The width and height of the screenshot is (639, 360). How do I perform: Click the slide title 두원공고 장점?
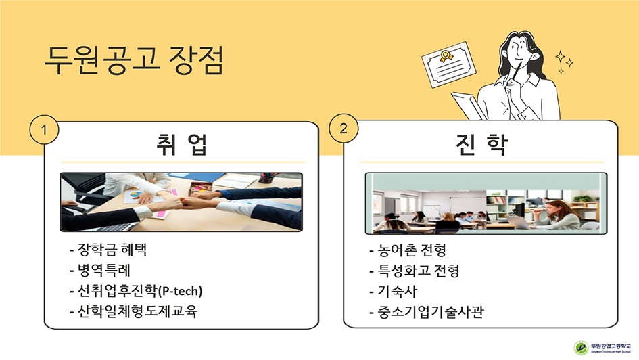pyautogui.click(x=134, y=60)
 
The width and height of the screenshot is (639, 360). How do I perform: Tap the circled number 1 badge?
pyautogui.click(x=44, y=130)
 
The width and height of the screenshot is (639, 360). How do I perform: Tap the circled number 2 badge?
pyautogui.click(x=344, y=129)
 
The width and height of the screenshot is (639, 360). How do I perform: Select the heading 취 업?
pyautogui.click(x=182, y=144)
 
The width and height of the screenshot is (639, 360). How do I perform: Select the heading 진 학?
pyautogui.click(x=481, y=144)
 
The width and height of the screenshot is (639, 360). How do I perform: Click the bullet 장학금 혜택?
pyautogui.click(x=108, y=250)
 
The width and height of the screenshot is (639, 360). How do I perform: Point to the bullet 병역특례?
pyautogui.click(x=100, y=270)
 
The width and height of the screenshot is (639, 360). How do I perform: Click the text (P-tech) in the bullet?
pyautogui.click(x=180, y=291)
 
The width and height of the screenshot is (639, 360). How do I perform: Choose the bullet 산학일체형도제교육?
pyautogui.click(x=134, y=311)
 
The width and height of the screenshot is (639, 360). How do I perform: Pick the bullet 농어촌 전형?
pyautogui.click(x=408, y=250)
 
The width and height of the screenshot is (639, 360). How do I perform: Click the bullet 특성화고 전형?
pyautogui.click(x=415, y=270)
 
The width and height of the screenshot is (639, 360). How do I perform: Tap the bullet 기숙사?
pyautogui.click(x=394, y=291)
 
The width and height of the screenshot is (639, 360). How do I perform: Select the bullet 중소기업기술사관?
pyautogui.click(x=427, y=312)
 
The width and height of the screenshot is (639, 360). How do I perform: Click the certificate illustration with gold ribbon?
pyautogui.click(x=449, y=64)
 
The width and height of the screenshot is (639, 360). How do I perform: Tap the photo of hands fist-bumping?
pyautogui.click(x=181, y=202)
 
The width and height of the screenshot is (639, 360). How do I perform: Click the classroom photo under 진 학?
pyautogui.click(x=486, y=204)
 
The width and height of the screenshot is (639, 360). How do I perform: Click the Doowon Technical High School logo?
pyautogui.click(x=602, y=347)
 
